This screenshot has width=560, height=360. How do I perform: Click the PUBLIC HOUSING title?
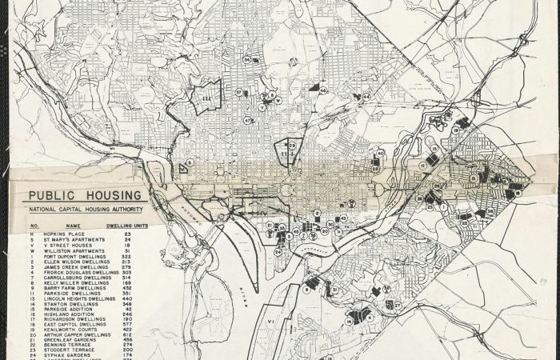pyautogui.click(x=84, y=195)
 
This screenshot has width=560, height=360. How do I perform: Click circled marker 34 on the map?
pyautogui.click(x=247, y=59)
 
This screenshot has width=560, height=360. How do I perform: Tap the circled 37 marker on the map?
pyautogui.click(x=238, y=93)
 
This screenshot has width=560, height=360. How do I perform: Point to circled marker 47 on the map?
pyautogui.click(x=248, y=120)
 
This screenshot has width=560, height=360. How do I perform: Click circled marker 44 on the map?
pyautogui.click(x=322, y=91)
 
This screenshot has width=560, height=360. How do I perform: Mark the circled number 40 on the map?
pyautogui.click(x=381, y=152)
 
